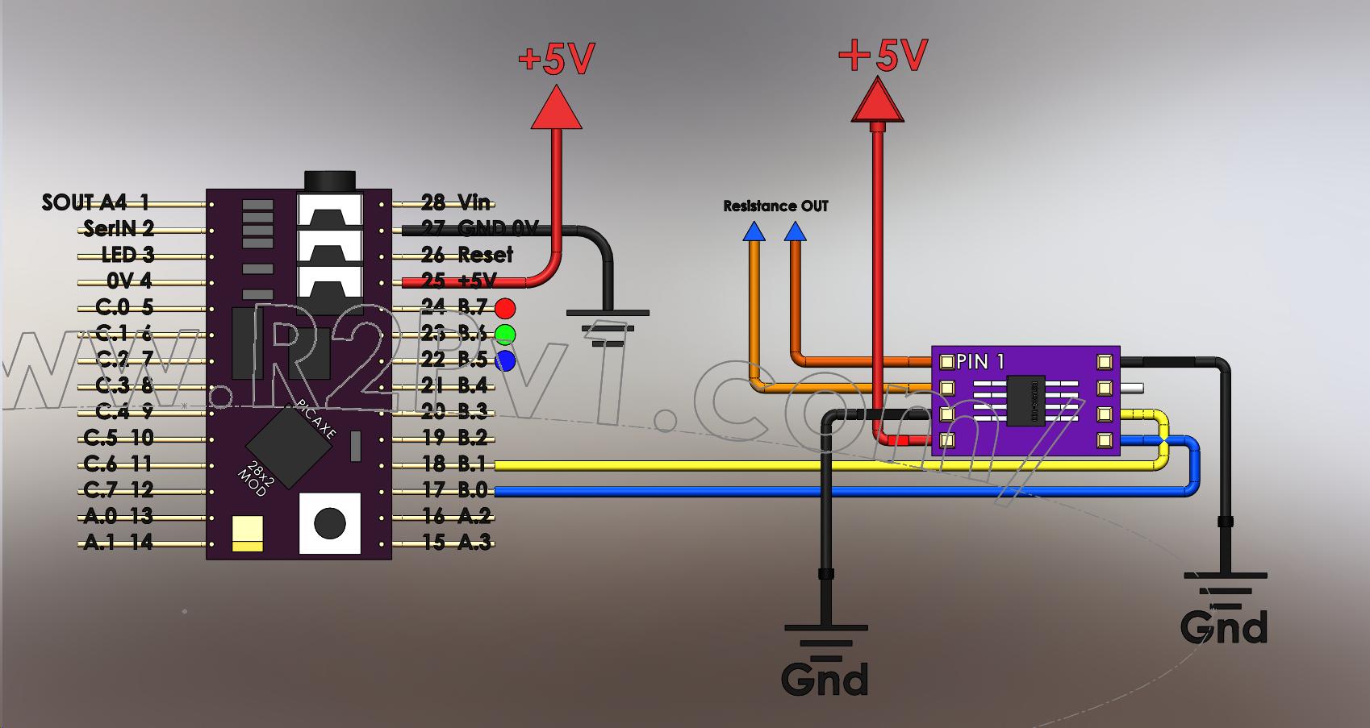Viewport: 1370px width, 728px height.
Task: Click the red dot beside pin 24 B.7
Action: click(505, 308)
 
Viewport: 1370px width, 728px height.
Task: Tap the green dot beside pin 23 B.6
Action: click(505, 334)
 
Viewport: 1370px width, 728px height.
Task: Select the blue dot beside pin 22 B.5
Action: click(505, 360)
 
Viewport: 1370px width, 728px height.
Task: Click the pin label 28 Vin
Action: click(457, 202)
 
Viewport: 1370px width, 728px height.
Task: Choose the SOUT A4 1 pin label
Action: click(95, 202)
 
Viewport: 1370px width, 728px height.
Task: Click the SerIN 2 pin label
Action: click(119, 229)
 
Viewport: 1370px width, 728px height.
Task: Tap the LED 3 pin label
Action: click(127, 255)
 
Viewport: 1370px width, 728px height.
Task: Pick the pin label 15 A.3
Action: click(457, 542)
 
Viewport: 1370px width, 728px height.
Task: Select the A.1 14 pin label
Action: click(119, 542)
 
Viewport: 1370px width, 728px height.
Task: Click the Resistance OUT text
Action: click(775, 206)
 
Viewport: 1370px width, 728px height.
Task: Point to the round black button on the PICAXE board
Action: click(329, 522)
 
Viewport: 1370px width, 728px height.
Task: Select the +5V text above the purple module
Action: click(883, 56)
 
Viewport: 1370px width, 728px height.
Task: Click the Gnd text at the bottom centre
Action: click(825, 679)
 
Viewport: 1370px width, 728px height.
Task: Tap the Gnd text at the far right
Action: click(1223, 627)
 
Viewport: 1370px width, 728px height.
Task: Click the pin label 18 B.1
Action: click(457, 464)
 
